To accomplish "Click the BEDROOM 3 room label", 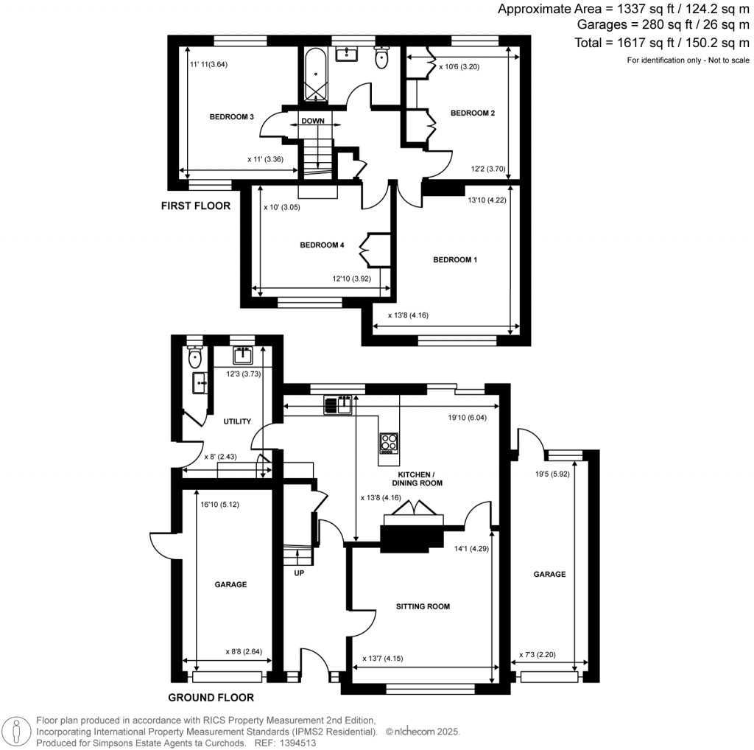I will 232,117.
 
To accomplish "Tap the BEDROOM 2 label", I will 472,113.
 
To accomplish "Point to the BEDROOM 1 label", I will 455,260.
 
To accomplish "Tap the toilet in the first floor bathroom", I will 381,59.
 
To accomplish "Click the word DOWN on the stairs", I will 312,121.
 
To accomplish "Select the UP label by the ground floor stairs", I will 299,572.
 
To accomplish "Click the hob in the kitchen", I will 389,442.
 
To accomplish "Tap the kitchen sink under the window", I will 337,404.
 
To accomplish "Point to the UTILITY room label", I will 237,421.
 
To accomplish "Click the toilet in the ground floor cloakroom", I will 194,358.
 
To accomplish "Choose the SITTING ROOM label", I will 423,607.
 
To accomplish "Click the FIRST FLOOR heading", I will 196,206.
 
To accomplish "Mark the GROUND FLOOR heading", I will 211,698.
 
